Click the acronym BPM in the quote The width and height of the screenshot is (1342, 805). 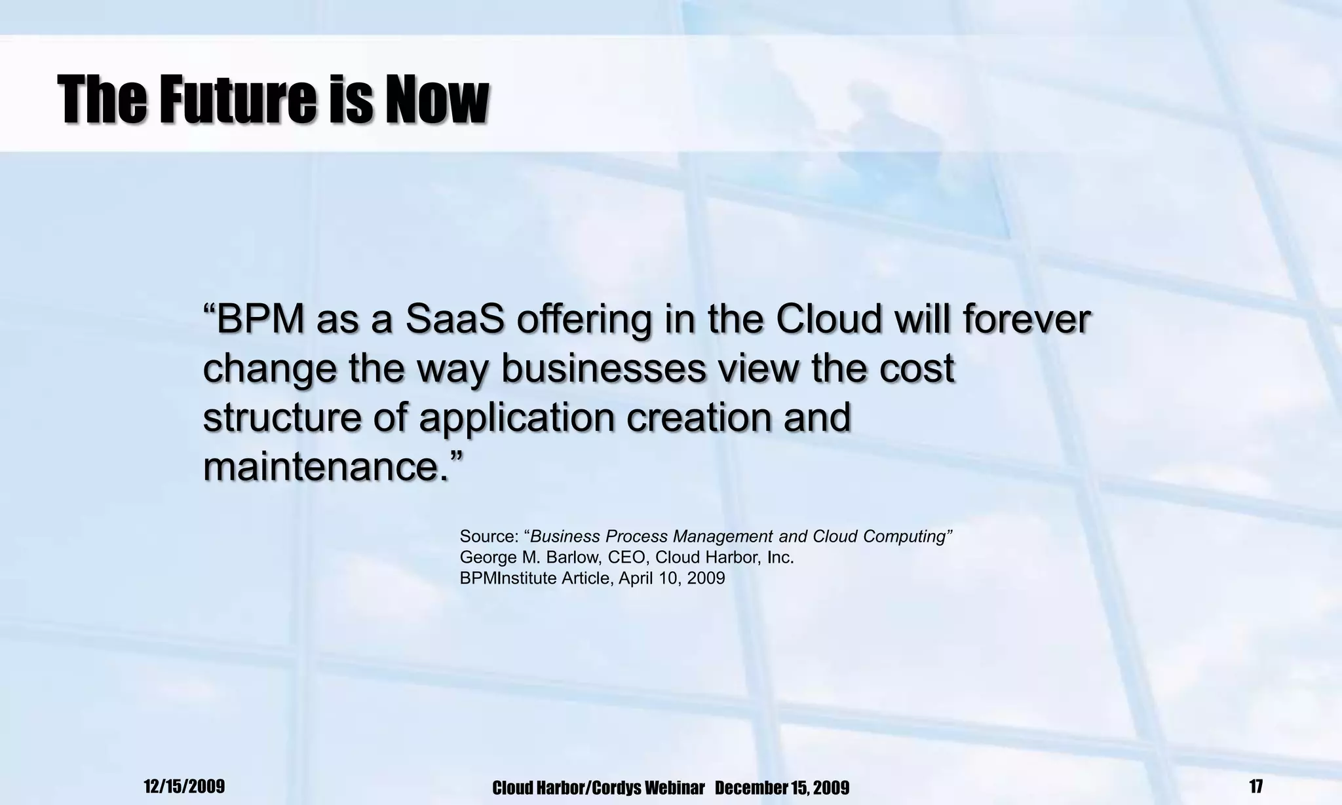[x=259, y=320]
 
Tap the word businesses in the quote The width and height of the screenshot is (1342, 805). [x=604, y=368]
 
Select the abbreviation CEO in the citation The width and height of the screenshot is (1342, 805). [x=630, y=557]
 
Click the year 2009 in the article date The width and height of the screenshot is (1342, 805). [x=706, y=578]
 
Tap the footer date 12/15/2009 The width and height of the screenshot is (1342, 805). [x=184, y=786]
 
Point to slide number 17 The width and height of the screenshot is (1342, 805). [x=1256, y=786]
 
